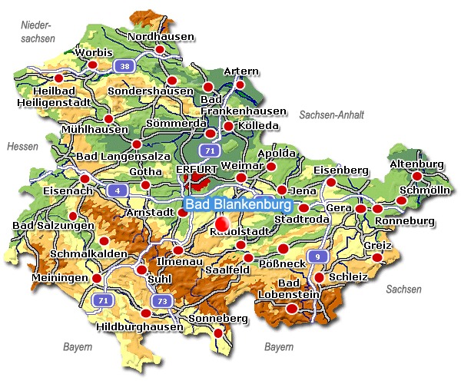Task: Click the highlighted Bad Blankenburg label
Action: [x=239, y=206]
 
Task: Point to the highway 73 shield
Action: [x=161, y=300]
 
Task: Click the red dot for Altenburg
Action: [x=417, y=177]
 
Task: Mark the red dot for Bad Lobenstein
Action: [x=291, y=308]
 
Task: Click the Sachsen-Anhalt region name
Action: [x=331, y=114]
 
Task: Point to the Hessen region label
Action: [x=22, y=146]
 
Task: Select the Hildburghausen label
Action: [x=141, y=326]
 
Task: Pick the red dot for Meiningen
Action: [x=97, y=278]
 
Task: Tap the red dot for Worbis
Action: [x=93, y=65]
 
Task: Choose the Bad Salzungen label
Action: [x=52, y=226]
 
